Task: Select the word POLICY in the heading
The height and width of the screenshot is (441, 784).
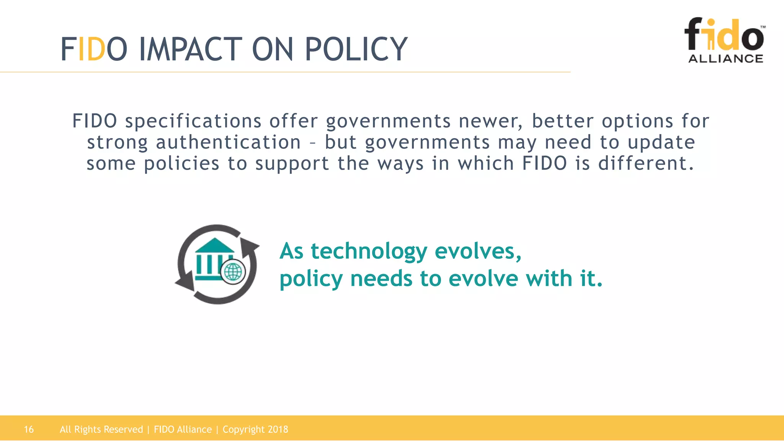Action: (x=356, y=49)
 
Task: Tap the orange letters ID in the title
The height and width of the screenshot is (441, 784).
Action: (x=91, y=49)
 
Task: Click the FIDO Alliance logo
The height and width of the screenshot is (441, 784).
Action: (x=725, y=40)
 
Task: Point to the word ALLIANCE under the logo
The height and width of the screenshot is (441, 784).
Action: (x=725, y=59)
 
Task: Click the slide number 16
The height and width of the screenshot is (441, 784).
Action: (x=29, y=430)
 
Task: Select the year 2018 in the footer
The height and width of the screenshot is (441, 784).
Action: (x=278, y=430)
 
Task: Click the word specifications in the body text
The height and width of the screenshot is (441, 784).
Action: (x=193, y=122)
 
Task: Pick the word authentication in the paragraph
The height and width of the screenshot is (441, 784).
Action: (x=228, y=142)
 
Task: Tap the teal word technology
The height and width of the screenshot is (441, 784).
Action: (x=369, y=252)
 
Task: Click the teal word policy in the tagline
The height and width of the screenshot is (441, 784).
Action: (x=311, y=279)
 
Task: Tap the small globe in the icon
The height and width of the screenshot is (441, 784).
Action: (x=233, y=272)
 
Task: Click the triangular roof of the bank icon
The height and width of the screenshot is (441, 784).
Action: (x=215, y=245)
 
